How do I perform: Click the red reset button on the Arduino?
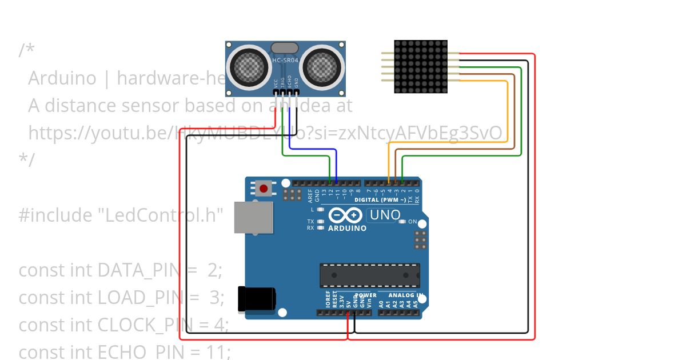click(x=264, y=188)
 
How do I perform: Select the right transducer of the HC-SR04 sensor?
click(x=322, y=67)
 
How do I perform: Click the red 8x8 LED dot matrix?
click(x=421, y=66)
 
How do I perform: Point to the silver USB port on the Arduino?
click(x=253, y=217)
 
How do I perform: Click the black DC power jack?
click(x=257, y=299)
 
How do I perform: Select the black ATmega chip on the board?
click(x=369, y=275)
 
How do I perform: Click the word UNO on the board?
click(x=385, y=215)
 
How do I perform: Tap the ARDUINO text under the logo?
click(x=347, y=228)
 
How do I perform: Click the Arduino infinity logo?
click(x=345, y=215)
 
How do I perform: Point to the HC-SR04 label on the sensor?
click(x=285, y=61)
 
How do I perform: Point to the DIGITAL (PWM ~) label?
click(x=380, y=200)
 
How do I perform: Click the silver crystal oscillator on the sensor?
click(x=284, y=48)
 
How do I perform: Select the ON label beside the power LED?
click(x=413, y=222)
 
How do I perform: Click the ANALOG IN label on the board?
click(x=405, y=295)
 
